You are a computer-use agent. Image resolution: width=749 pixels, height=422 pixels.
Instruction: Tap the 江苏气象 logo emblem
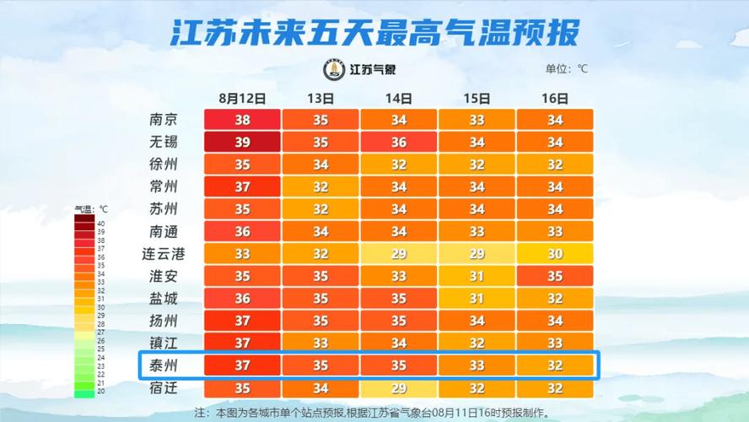click(x=335, y=69)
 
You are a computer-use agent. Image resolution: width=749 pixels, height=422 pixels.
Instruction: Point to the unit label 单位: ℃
click(x=566, y=69)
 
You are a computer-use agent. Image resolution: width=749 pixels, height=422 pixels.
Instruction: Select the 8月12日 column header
click(x=242, y=98)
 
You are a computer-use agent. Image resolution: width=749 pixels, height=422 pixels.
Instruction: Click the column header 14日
click(x=398, y=98)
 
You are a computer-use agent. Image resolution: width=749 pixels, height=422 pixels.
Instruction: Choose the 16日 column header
click(x=554, y=98)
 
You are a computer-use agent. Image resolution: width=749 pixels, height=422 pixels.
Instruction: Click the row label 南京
click(x=163, y=120)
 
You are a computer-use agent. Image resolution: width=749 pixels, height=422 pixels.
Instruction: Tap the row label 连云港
click(x=163, y=253)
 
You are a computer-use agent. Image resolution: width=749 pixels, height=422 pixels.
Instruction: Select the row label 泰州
click(x=163, y=365)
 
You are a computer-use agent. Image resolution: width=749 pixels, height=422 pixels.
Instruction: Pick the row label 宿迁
click(x=163, y=388)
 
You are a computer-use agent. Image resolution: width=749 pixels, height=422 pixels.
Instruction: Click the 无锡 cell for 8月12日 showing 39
click(x=242, y=142)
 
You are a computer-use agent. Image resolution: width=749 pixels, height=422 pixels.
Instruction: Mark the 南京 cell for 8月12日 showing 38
click(x=242, y=120)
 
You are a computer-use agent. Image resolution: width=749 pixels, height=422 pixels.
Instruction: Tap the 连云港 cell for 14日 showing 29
click(x=398, y=253)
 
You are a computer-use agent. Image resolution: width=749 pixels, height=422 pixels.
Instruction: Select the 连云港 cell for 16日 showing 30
click(x=554, y=253)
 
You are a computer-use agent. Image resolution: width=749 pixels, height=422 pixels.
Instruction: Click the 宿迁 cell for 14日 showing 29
click(x=398, y=388)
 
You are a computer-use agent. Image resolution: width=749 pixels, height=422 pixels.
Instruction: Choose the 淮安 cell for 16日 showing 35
click(x=554, y=276)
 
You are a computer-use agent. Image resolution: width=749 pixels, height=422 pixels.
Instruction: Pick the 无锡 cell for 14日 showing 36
click(x=398, y=142)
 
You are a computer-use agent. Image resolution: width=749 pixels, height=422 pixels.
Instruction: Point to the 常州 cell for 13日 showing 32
click(x=321, y=187)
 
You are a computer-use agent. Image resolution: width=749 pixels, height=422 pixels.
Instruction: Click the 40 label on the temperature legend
click(x=101, y=223)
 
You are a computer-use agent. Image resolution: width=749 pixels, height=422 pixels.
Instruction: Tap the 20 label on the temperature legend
click(x=101, y=392)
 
